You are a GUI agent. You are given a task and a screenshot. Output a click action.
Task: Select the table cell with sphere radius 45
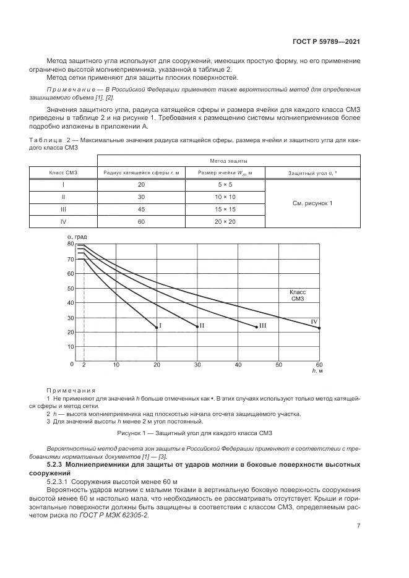pos(140,210)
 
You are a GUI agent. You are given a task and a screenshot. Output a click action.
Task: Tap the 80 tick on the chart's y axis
pos(70,244)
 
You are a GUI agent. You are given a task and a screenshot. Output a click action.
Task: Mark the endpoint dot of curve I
pos(157,328)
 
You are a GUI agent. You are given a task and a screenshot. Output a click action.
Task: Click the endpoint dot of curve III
pos(256,326)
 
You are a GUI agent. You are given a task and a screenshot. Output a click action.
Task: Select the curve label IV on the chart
pos(314,322)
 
